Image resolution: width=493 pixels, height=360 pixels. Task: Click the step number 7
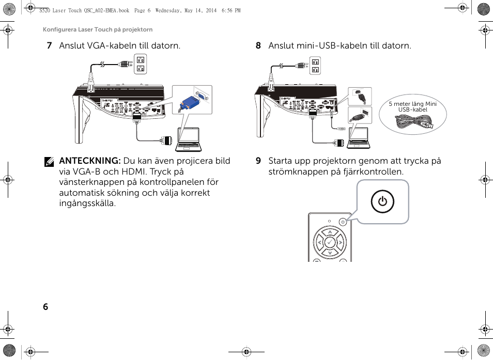pyautogui.click(x=49, y=46)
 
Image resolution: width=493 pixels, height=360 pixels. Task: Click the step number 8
pyautogui.click(x=258, y=46)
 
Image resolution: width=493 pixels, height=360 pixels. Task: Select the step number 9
pyautogui.click(x=258, y=161)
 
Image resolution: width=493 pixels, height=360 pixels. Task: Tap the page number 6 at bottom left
pyautogui.click(x=45, y=307)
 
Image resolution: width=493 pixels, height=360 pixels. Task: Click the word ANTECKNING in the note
pyautogui.click(x=89, y=161)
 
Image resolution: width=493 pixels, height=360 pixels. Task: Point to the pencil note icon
pyautogui.click(x=50, y=162)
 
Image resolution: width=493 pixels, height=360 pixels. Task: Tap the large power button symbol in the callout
pyautogui.click(x=382, y=201)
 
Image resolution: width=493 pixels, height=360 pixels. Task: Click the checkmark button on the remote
pyautogui.click(x=330, y=241)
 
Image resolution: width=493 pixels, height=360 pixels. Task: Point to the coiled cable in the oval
pyautogui.click(x=413, y=122)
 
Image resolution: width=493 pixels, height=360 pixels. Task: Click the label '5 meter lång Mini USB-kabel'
pyautogui.click(x=412, y=107)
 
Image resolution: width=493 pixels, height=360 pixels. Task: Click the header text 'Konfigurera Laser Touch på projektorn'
pyautogui.click(x=98, y=30)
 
